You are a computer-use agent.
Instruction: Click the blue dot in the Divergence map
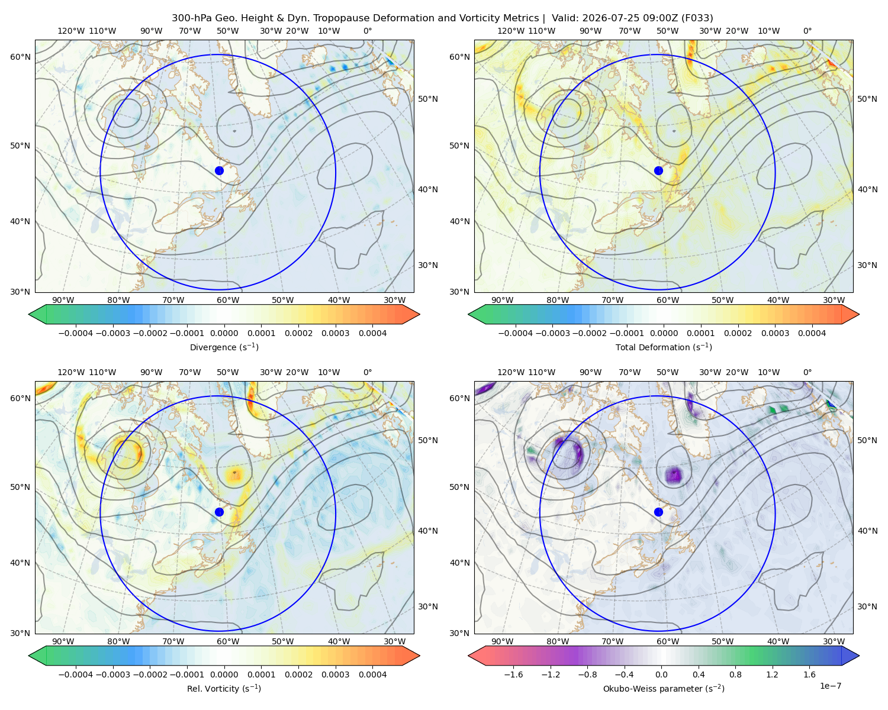[x=219, y=170]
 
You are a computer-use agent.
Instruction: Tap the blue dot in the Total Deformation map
[x=658, y=170]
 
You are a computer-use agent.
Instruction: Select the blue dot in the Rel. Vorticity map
[x=219, y=512]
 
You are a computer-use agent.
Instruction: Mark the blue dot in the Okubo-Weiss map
[x=658, y=512]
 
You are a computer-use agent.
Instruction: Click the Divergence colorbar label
[x=224, y=347]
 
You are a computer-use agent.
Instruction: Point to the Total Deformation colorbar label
[x=664, y=347]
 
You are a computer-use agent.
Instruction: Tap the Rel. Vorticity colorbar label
[x=224, y=688]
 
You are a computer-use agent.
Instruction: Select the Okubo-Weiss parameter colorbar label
[x=664, y=688]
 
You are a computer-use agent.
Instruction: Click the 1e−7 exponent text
[x=830, y=686]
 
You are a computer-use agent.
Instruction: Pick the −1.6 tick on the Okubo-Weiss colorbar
[x=513, y=674]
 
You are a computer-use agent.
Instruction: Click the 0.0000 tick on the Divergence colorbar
[x=224, y=333]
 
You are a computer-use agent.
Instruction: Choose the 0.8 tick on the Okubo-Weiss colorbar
[x=735, y=674]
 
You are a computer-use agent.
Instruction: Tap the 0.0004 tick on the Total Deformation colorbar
[x=812, y=333]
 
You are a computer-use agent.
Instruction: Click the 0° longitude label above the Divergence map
[x=368, y=31]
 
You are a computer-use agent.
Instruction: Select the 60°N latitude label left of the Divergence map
[x=20, y=57]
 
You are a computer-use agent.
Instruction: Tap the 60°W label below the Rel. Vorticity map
[x=228, y=641]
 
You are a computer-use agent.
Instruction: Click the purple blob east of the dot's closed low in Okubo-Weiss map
[x=674, y=475]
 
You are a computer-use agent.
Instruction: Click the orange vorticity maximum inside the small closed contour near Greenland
[x=234, y=475]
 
